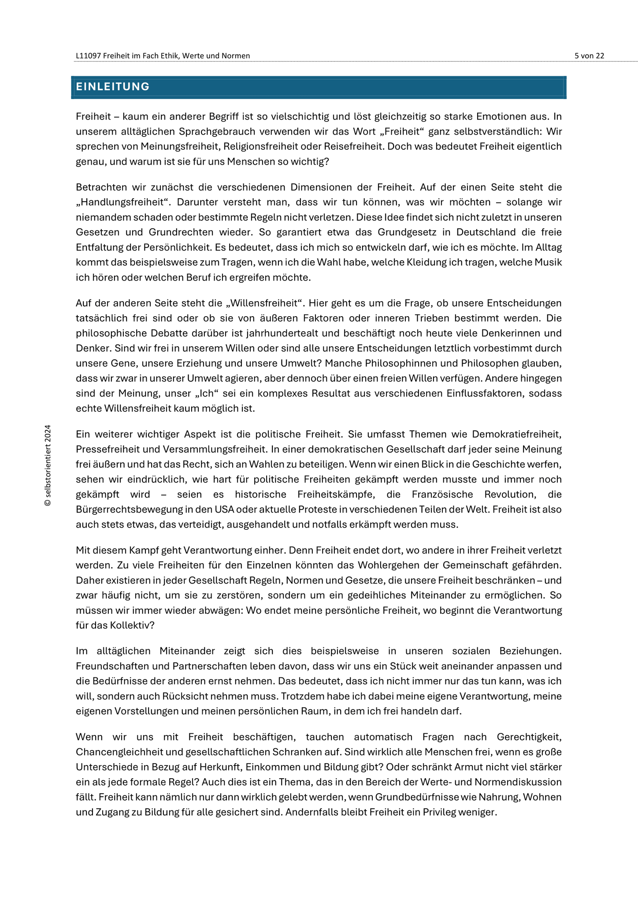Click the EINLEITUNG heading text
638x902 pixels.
tap(113, 87)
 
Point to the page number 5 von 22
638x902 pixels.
tap(589, 55)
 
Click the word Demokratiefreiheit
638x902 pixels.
tap(517, 434)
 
